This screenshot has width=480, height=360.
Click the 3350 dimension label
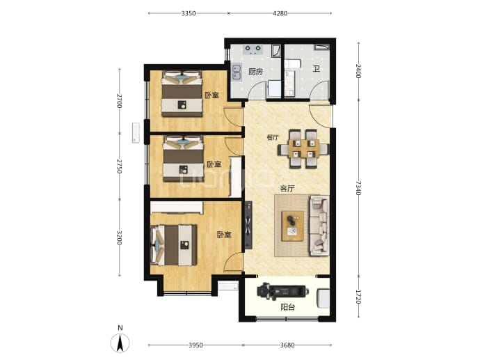pyautogui.click(x=189, y=13)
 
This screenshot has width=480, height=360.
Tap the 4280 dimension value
pyautogui.click(x=280, y=13)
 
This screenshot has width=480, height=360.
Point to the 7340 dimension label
pyautogui.click(x=358, y=188)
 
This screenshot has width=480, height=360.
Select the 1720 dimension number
pyautogui.click(x=358, y=297)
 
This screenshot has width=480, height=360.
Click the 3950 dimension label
pyautogui.click(x=195, y=345)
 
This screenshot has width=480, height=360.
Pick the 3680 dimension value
pyautogui.click(x=287, y=345)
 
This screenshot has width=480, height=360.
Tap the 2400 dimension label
pyautogui.click(x=358, y=71)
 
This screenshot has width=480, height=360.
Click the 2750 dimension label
pyautogui.click(x=119, y=166)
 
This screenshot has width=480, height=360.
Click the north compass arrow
pyautogui.click(x=120, y=343)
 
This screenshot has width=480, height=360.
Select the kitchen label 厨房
pyautogui.click(x=255, y=72)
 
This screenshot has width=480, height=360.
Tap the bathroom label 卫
pyautogui.click(x=317, y=68)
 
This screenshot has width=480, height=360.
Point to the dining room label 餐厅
pyautogui.click(x=273, y=137)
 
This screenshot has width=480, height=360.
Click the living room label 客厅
pyautogui.click(x=287, y=189)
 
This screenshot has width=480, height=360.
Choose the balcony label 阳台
pyautogui.click(x=288, y=307)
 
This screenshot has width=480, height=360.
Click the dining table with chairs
pyautogui.click(x=303, y=149)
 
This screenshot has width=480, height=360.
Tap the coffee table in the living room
pyautogui.click(x=293, y=226)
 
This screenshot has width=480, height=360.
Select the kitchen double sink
pyautogui.click(x=237, y=72)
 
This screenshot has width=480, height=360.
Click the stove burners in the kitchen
pyautogui.click(x=253, y=49)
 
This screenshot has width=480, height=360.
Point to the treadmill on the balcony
pyautogui.click(x=282, y=291)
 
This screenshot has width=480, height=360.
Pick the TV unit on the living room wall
pyautogui.click(x=248, y=225)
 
